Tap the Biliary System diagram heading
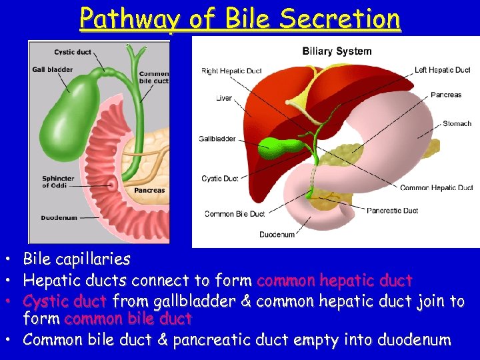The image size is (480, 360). [337, 51]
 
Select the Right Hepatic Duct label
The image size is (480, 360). [231, 71]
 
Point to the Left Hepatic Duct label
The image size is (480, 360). [442, 70]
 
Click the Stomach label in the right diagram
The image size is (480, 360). [457, 123]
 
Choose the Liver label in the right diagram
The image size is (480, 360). [224, 98]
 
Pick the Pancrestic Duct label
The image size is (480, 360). [393, 211]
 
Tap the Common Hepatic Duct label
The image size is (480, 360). [437, 188]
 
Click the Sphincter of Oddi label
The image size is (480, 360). [58, 182]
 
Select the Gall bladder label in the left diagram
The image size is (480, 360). [48, 69]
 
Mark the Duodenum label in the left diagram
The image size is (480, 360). [58, 218]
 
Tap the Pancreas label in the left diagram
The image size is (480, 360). [149, 191]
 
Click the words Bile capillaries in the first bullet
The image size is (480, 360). [77, 259]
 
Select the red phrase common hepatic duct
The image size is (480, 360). [335, 281]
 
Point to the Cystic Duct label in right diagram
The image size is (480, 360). [220, 179]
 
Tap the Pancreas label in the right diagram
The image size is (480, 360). [446, 95]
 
